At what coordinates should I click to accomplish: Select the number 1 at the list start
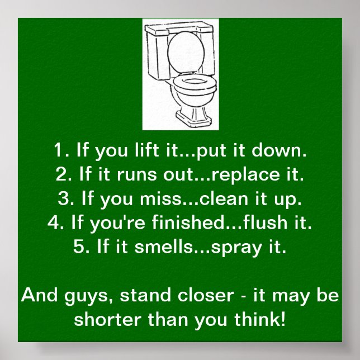[59, 151]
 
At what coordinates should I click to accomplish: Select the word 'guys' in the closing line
[76, 296]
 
